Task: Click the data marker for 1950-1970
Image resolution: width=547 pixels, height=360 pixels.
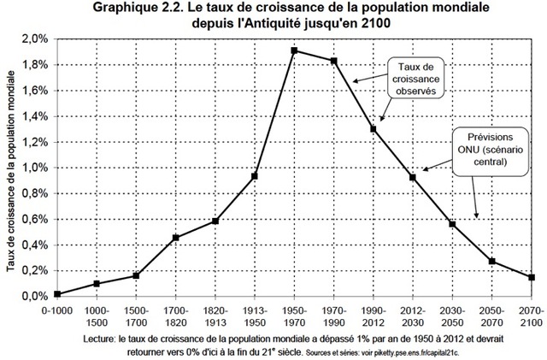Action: pos(295,50)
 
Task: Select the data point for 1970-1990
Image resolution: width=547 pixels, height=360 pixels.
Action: pos(334,61)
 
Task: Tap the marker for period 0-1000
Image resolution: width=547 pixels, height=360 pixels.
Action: pos(57,293)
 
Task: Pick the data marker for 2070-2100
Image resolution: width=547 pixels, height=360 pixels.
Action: pos(532,277)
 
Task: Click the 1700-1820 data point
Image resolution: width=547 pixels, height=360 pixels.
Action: pos(176,238)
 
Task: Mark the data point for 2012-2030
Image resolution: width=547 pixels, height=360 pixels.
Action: pos(413,177)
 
